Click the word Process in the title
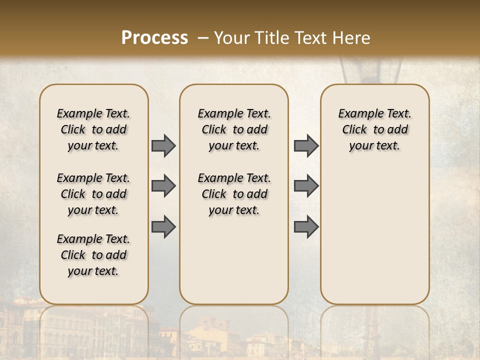154,37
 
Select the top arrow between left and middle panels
163,145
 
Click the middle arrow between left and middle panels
163,186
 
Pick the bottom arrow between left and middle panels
163,226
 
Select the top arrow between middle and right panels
306,145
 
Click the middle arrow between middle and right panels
306,186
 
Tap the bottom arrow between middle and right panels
306,226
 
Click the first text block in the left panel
93,129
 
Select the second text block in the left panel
93,194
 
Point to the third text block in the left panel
93,255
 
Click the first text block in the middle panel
234,129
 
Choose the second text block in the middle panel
234,194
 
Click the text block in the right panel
374,129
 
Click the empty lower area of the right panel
374,235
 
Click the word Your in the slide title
231,37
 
